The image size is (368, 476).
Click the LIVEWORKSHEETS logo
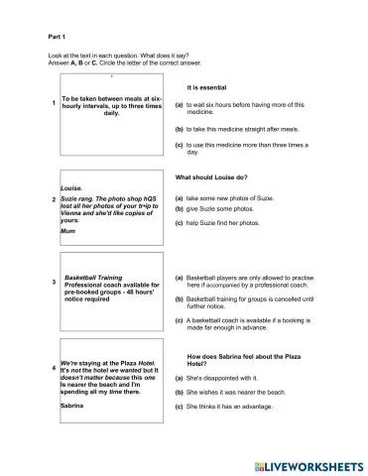pos(307,463)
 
